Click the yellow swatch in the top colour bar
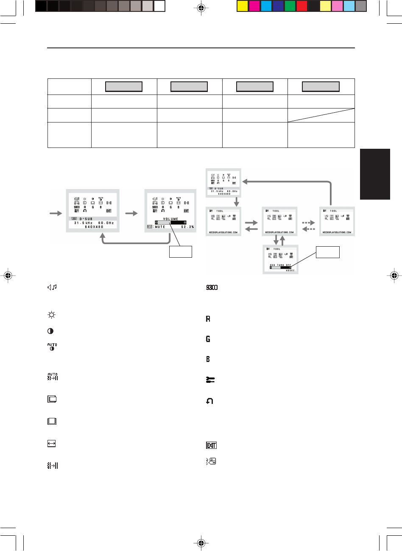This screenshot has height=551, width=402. (242, 6)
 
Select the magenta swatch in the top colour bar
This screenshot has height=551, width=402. (254, 6)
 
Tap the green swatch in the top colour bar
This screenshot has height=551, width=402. (290, 6)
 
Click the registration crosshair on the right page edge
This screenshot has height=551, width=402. (394, 275)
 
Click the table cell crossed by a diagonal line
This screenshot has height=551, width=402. (321, 114)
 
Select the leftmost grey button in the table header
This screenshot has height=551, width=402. (123, 87)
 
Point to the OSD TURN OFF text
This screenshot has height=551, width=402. (280, 265)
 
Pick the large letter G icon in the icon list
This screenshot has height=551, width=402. (208, 339)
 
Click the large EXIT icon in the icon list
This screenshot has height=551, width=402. (211, 445)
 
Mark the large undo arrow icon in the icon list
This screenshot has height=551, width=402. (209, 401)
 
